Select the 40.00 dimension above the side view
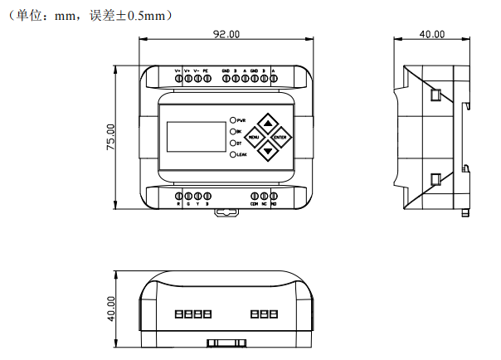(431, 34)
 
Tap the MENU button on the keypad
(253, 136)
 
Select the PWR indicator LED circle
(234, 120)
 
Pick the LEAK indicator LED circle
(234, 154)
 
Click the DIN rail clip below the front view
(225, 211)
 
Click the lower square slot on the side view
(434, 178)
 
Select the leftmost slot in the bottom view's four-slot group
(178, 315)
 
